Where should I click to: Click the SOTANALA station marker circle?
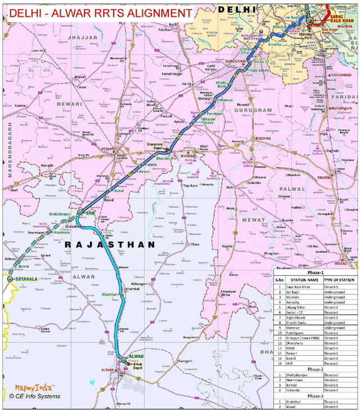10,278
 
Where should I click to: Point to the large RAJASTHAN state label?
110,245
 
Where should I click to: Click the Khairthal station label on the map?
110,294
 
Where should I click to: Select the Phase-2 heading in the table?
315,369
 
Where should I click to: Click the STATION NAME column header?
305,280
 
